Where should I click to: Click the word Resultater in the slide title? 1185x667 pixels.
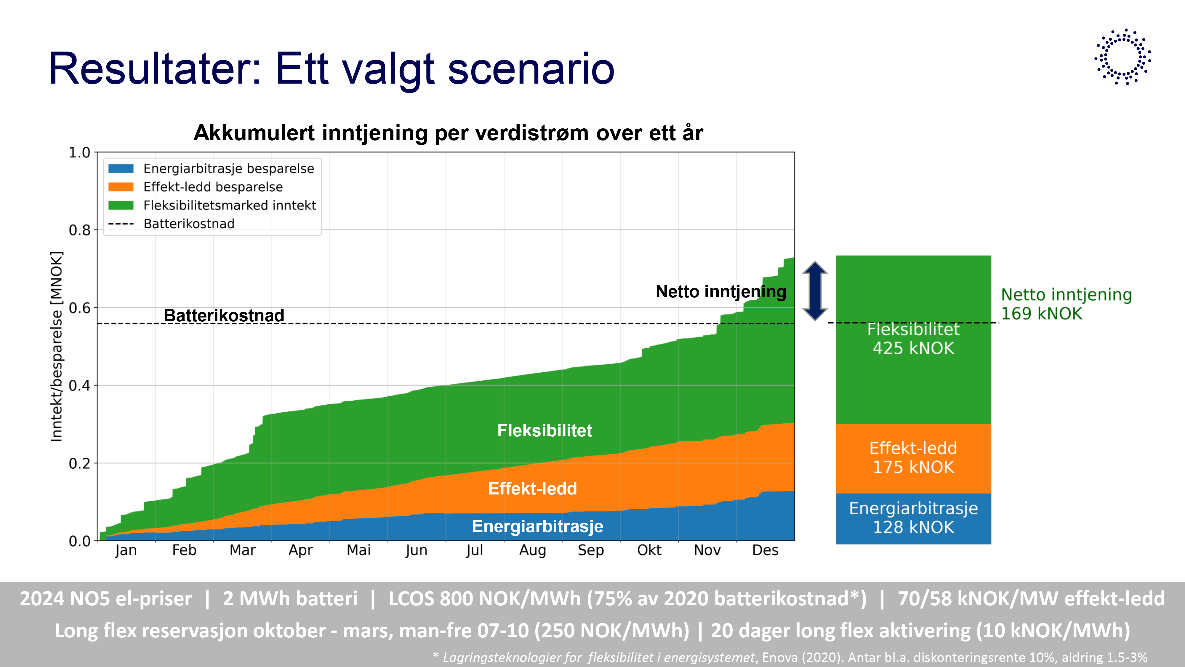coord(154,69)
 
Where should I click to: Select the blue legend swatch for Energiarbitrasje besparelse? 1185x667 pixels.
coord(121,168)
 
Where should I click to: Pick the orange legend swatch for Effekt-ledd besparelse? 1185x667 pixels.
coord(121,187)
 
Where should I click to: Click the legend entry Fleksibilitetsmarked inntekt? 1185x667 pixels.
coord(229,205)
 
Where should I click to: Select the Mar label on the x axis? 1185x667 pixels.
coord(242,550)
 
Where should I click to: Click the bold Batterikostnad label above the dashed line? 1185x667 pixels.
coord(224,315)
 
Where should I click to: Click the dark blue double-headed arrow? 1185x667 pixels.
coord(815,291)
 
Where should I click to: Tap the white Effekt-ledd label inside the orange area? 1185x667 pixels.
coord(532,489)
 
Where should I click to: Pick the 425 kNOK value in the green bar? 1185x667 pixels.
coord(913,348)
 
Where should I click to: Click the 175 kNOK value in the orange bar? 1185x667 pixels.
coord(913,467)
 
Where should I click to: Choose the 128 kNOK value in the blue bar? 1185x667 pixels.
coord(913,527)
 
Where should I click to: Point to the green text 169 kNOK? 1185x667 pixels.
coord(1042,314)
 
